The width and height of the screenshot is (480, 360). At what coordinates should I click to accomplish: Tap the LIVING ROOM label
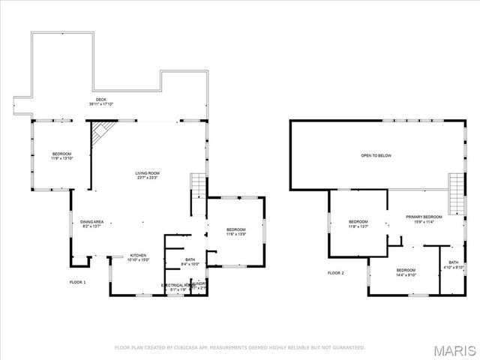pyautogui.click(x=147, y=175)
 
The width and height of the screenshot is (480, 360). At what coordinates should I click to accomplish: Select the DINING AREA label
pyautogui.click(x=91, y=223)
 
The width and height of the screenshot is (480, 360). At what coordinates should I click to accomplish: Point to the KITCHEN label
pyautogui.click(x=138, y=256)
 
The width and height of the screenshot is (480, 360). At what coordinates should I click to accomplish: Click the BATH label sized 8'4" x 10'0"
pyautogui.click(x=190, y=262)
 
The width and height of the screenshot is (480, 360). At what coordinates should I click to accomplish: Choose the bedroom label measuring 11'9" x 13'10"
pyautogui.click(x=61, y=156)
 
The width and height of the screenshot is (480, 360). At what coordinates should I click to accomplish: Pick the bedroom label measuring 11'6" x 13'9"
pyautogui.click(x=236, y=232)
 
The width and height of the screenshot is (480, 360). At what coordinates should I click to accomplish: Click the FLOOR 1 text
pyautogui.click(x=78, y=282)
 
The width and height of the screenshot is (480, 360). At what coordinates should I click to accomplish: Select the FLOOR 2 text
pyautogui.click(x=335, y=273)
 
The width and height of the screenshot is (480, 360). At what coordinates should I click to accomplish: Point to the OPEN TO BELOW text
pyautogui.click(x=376, y=156)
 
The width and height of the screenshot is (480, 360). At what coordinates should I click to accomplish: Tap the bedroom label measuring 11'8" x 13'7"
pyautogui.click(x=358, y=224)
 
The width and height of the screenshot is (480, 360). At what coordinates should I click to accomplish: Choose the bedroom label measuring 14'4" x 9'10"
pyautogui.click(x=406, y=272)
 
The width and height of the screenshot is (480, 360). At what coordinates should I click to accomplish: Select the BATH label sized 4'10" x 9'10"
pyautogui.click(x=454, y=265)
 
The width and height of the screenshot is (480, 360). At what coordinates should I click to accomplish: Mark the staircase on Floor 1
pyautogui.click(x=197, y=184)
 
